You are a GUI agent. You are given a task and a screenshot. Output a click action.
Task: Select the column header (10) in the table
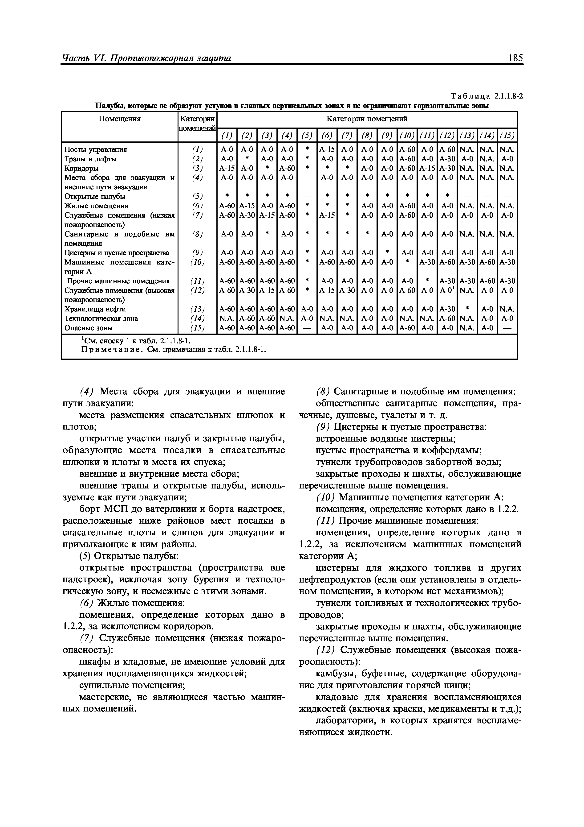coord(407,136)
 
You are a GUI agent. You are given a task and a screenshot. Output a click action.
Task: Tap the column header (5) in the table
coord(307,136)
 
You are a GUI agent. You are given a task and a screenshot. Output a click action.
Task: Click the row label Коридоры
coord(81,168)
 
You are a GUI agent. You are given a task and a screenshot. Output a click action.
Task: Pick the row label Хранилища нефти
coord(95,309)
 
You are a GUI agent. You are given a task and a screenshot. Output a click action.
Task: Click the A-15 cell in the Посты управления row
coord(327,149)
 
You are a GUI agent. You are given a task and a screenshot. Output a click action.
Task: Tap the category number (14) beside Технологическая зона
coord(197,318)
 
